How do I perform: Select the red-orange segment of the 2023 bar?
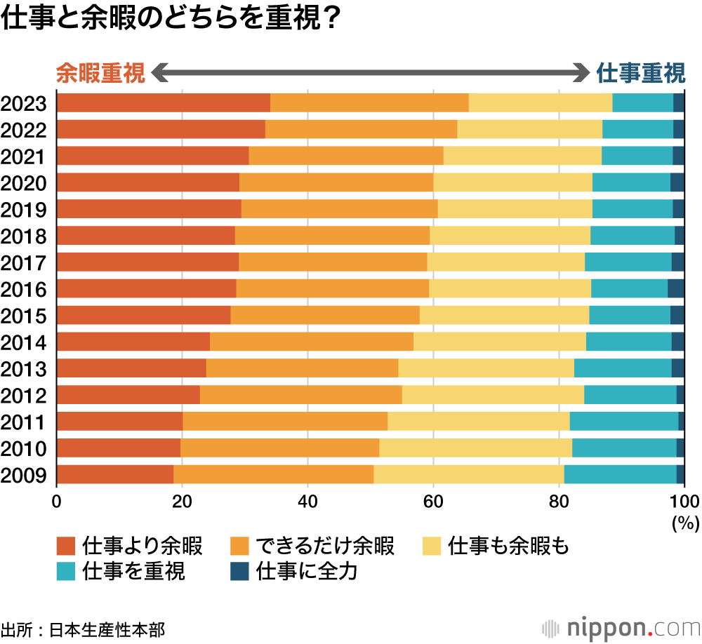[163, 102]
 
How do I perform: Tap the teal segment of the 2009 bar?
[620, 474]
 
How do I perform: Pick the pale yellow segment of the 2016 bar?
[510, 288]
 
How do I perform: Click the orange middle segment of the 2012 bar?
[300, 395]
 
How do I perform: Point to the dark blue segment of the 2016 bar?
[675, 288]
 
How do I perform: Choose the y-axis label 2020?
[24, 183]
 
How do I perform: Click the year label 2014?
[24, 342]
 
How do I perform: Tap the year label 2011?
[24, 422]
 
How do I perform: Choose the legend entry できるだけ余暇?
[324, 545]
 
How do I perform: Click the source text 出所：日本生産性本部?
[83, 629]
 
